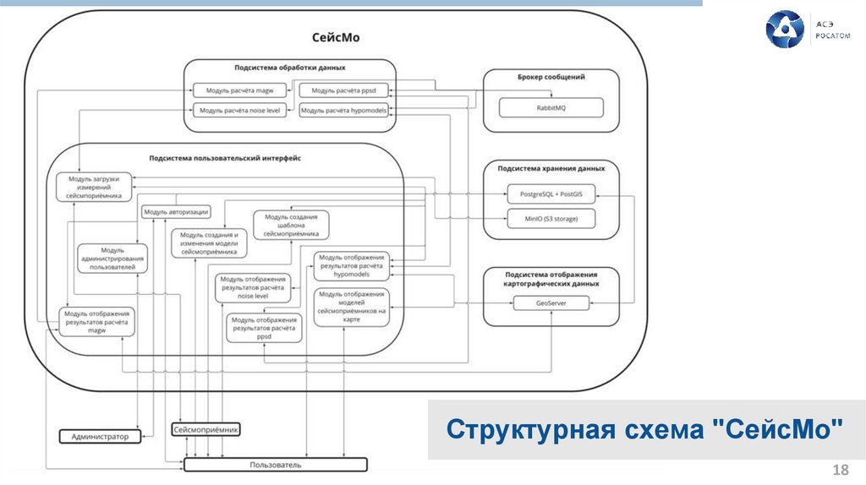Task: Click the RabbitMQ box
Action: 551,108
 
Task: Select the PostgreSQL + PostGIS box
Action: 551,194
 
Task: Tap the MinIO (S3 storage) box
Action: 551,219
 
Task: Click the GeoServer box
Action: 551,303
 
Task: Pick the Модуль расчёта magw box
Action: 239,90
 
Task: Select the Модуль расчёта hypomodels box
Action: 344,110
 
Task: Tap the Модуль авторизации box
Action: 176,212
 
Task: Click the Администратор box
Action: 100,436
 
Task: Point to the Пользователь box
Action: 276,465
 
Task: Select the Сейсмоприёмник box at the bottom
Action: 206,430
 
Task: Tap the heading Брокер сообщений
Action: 551,77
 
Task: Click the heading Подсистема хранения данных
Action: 550,168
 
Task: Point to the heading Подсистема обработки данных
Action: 289,67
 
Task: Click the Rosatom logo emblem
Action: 784,29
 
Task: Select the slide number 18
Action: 841,470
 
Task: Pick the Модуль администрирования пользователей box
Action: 112,259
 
